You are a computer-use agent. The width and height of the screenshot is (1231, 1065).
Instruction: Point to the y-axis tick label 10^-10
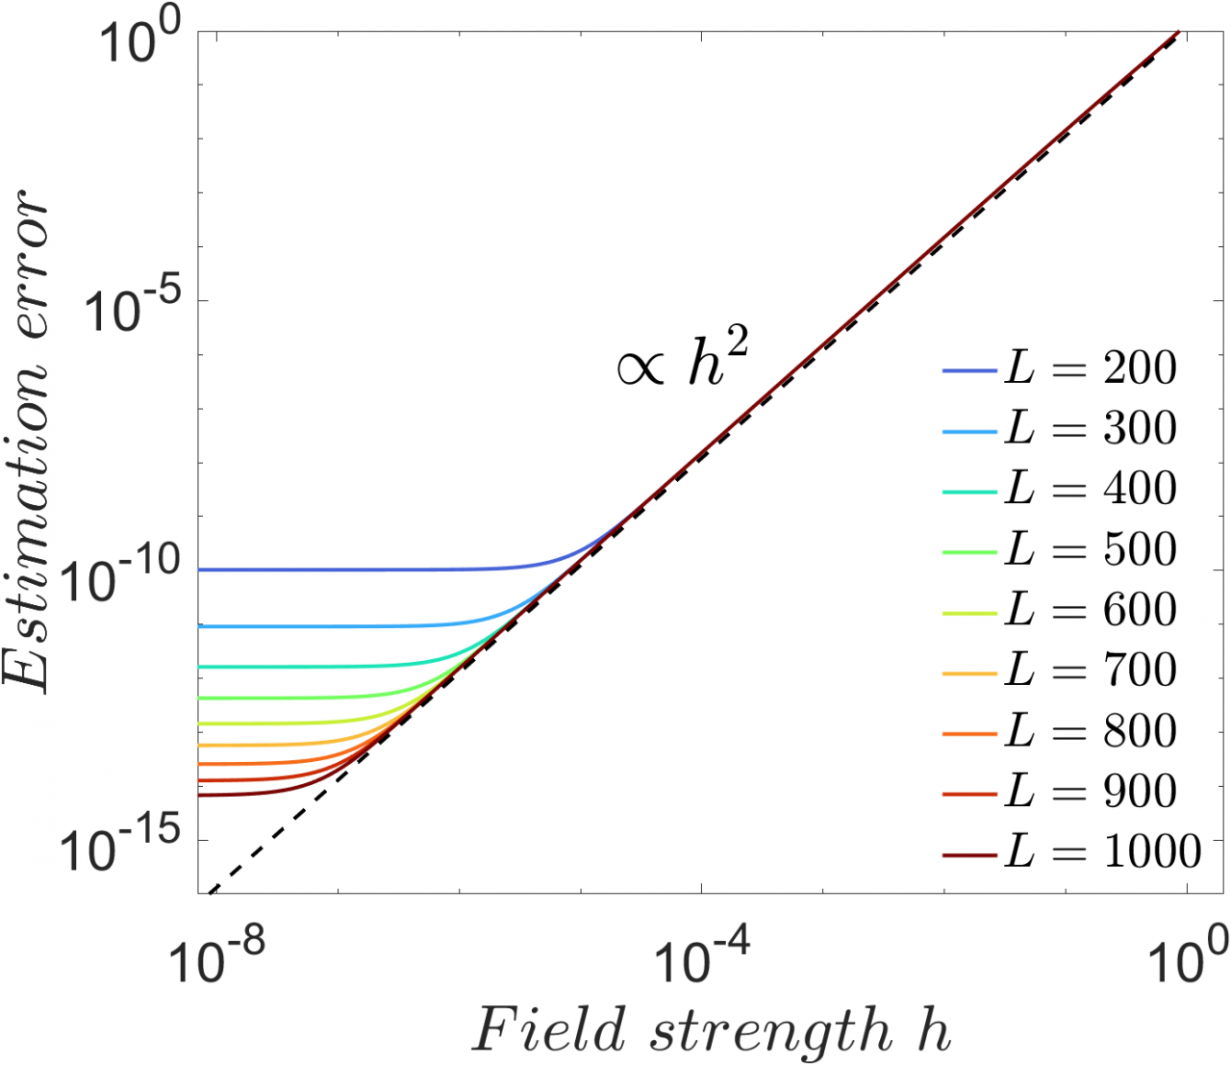(125, 577)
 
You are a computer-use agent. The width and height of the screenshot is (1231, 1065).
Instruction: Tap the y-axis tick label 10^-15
(125, 847)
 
